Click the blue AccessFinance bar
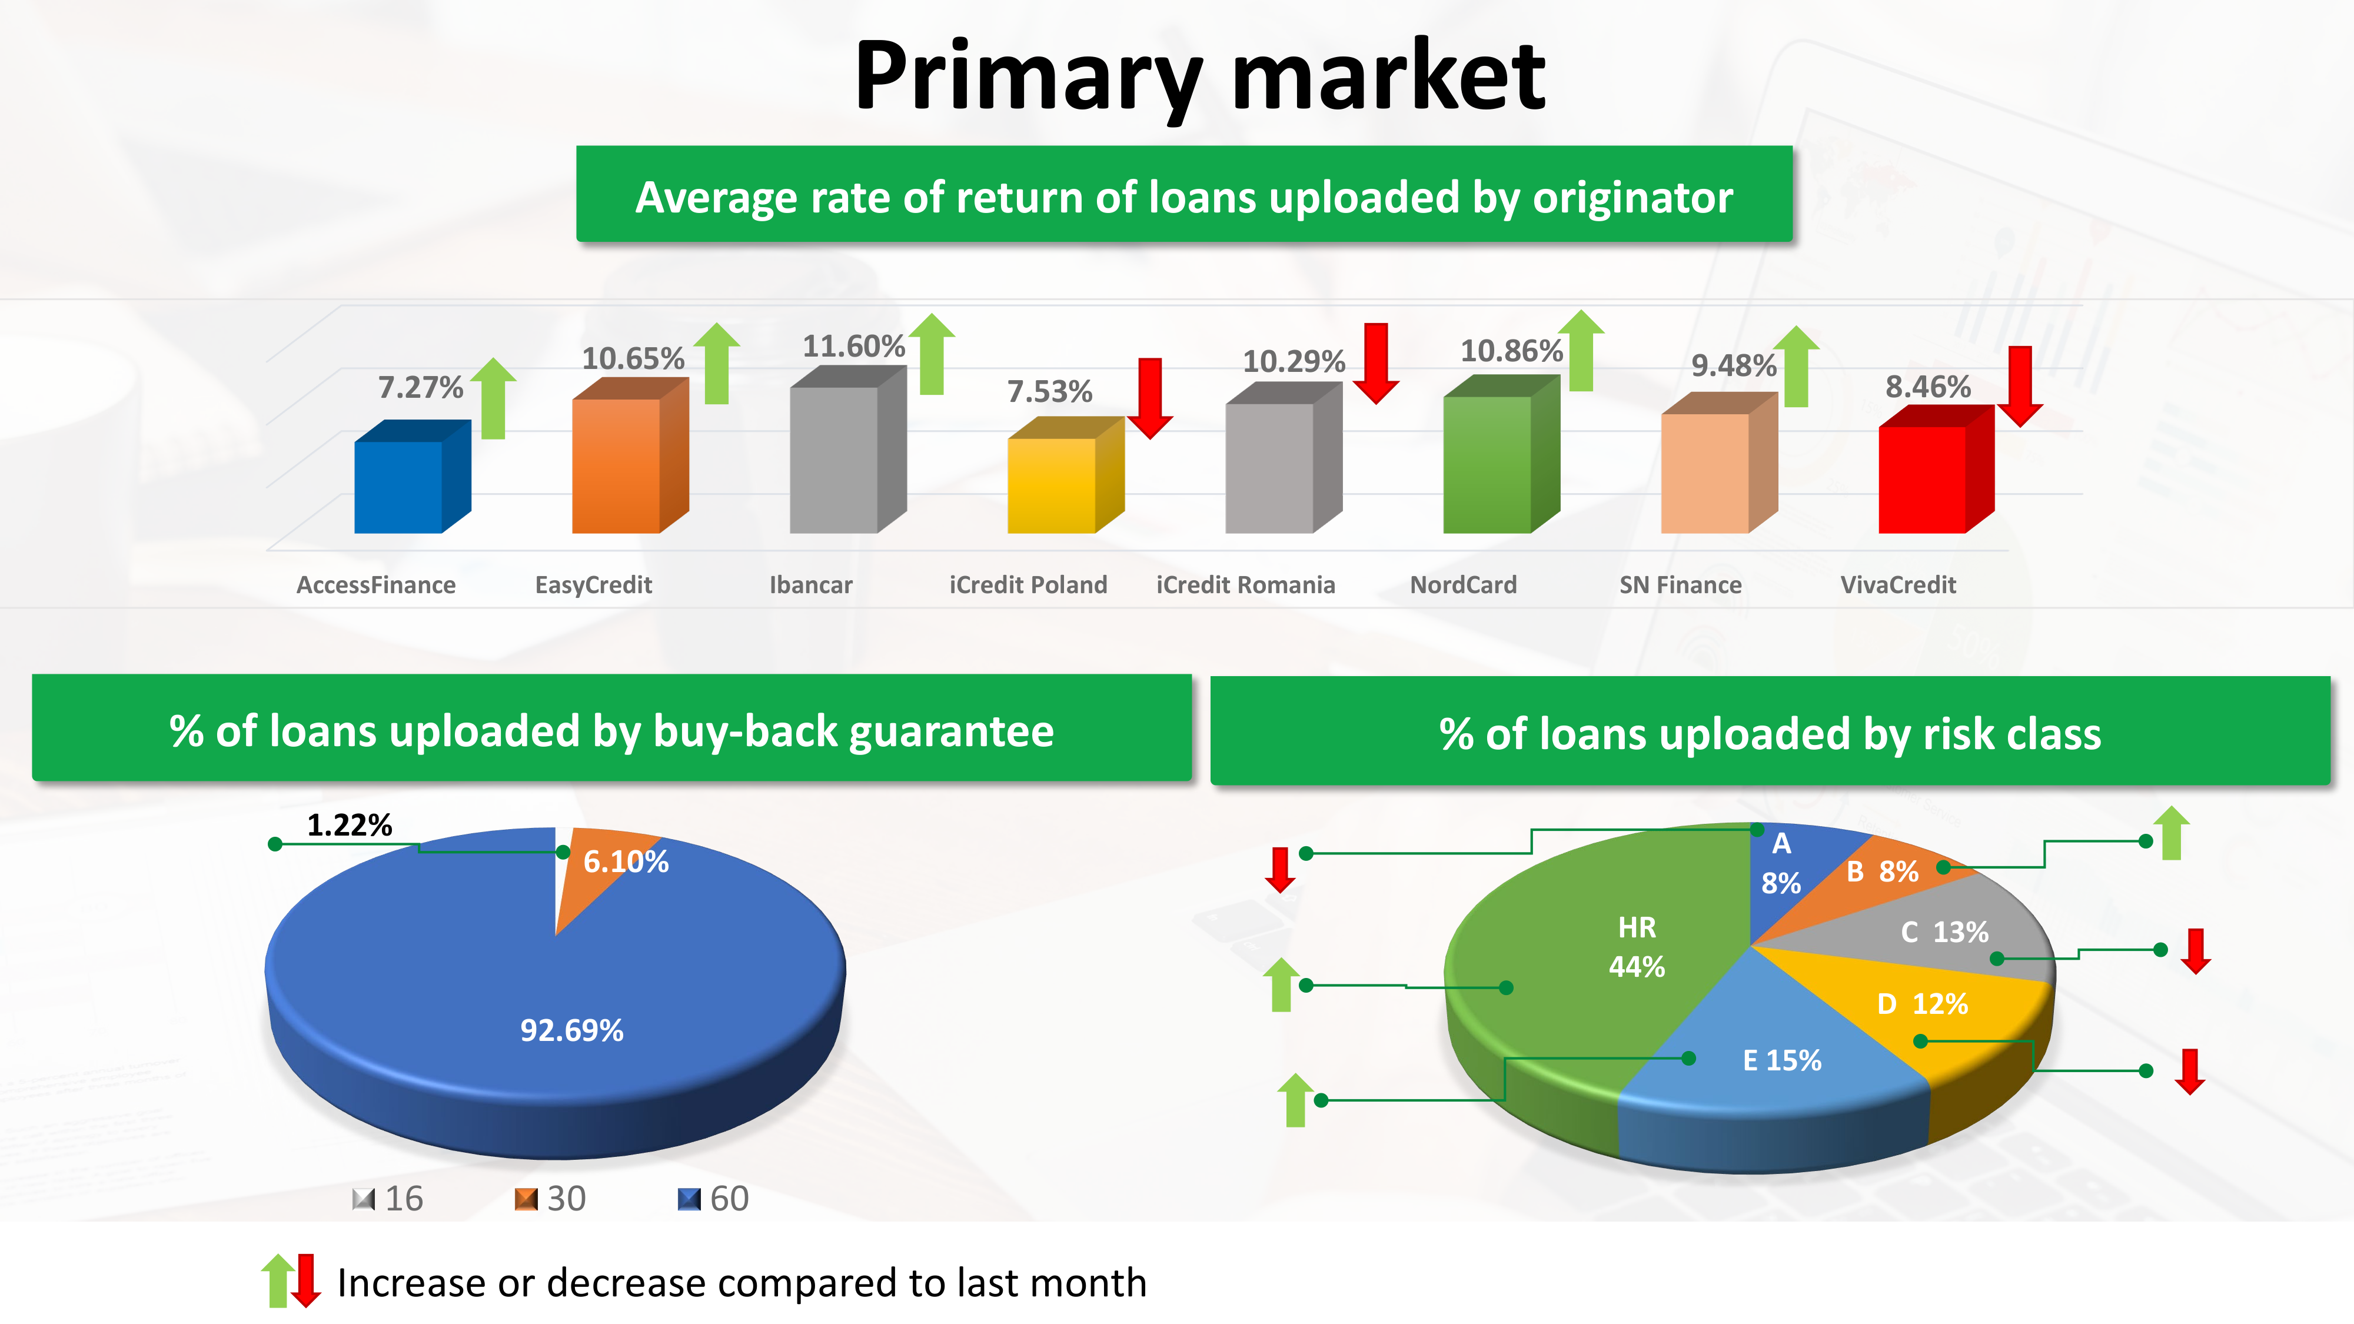[412, 477]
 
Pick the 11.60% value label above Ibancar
[853, 347]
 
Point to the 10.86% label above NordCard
[1511, 351]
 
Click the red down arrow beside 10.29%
[1375, 362]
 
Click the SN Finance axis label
[1681, 585]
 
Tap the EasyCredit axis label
[593, 585]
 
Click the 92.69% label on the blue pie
[572, 1031]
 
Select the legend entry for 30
[550, 1199]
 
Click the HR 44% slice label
[1637, 947]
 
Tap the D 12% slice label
[1923, 1004]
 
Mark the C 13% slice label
[1944, 932]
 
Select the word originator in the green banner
[1633, 197]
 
